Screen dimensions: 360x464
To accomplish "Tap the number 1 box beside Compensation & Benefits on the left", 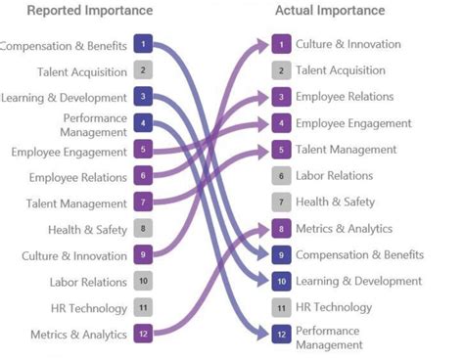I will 143,44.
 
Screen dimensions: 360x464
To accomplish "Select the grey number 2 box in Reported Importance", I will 143,70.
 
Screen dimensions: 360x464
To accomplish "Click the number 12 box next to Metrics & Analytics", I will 143,335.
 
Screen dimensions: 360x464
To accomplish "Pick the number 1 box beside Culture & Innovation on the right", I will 282,44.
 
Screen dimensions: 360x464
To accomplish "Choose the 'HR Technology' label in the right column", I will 333,307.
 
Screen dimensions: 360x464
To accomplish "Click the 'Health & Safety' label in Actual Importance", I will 335,202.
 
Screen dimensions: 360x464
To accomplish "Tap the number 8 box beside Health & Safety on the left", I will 143,229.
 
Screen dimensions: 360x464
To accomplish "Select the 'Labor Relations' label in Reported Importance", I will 89,282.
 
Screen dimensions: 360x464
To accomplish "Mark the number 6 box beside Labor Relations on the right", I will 282,176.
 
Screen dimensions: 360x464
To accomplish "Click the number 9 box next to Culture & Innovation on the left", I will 143,255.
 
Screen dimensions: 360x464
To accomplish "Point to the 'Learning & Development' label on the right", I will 358,281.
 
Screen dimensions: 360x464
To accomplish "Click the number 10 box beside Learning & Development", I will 282,281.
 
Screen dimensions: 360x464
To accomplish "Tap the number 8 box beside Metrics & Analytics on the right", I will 282,229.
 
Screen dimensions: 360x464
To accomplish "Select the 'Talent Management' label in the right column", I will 346,150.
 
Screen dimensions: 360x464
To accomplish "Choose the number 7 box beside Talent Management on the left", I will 143,202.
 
